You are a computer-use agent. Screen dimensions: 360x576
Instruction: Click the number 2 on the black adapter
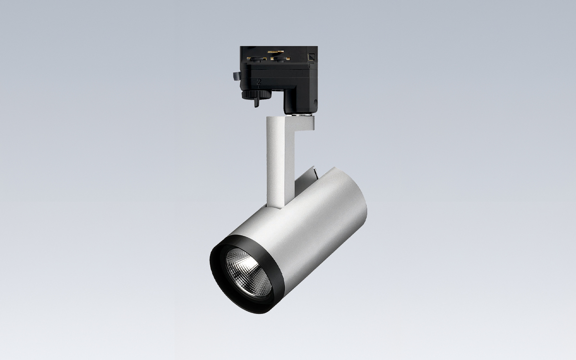click(259, 82)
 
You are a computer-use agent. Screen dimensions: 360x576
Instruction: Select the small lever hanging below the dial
click(257, 101)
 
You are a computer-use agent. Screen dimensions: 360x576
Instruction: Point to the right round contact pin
click(278, 59)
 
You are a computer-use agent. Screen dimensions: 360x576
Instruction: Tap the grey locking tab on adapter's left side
click(235, 76)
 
